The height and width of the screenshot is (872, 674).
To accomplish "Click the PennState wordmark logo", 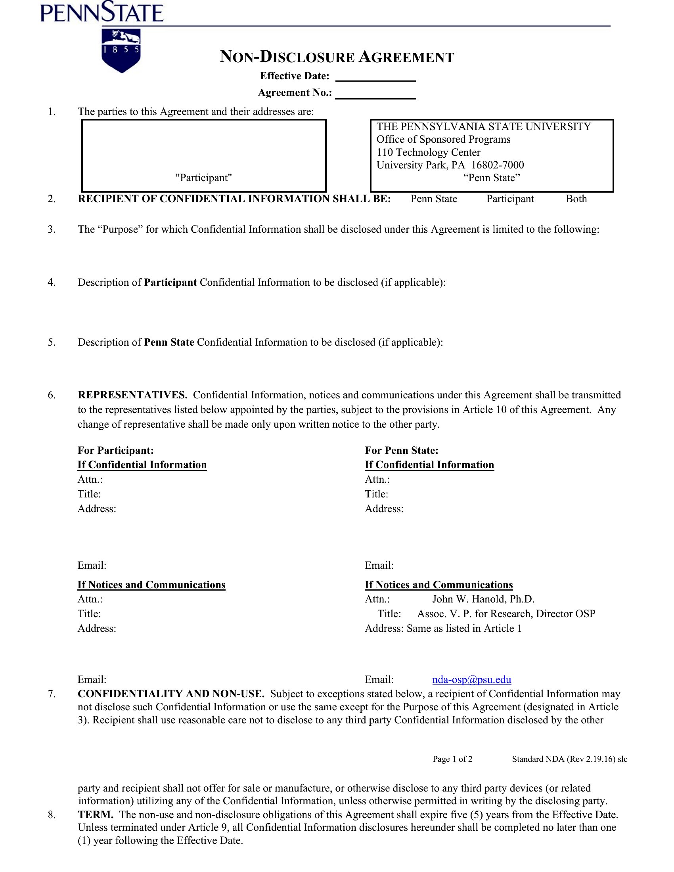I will (102, 13).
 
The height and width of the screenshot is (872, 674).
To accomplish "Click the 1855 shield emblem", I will (121, 50).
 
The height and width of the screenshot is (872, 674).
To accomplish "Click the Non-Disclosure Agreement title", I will (337, 57).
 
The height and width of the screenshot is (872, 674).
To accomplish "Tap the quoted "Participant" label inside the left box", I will (204, 178).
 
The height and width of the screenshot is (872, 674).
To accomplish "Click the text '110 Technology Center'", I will (428, 152).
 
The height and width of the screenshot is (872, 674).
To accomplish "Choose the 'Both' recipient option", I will (576, 199).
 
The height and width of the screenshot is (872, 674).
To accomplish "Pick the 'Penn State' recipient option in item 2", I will (434, 199).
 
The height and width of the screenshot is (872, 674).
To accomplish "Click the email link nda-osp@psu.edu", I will (471, 679).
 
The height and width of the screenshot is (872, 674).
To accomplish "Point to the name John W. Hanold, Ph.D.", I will (483, 599).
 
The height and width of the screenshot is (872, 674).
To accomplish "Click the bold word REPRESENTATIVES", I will (132, 395).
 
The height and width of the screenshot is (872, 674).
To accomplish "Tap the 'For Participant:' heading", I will (115, 450).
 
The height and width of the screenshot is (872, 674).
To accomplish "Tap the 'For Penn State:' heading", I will (401, 450).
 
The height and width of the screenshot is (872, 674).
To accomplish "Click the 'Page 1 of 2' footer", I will (452, 759).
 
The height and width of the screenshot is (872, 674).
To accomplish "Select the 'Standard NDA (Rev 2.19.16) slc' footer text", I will (569, 759).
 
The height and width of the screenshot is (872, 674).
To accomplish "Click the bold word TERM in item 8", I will (96, 815).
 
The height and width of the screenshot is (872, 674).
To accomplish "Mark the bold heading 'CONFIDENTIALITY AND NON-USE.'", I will (171, 694).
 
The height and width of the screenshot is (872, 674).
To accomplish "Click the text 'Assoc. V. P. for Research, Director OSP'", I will (506, 614).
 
